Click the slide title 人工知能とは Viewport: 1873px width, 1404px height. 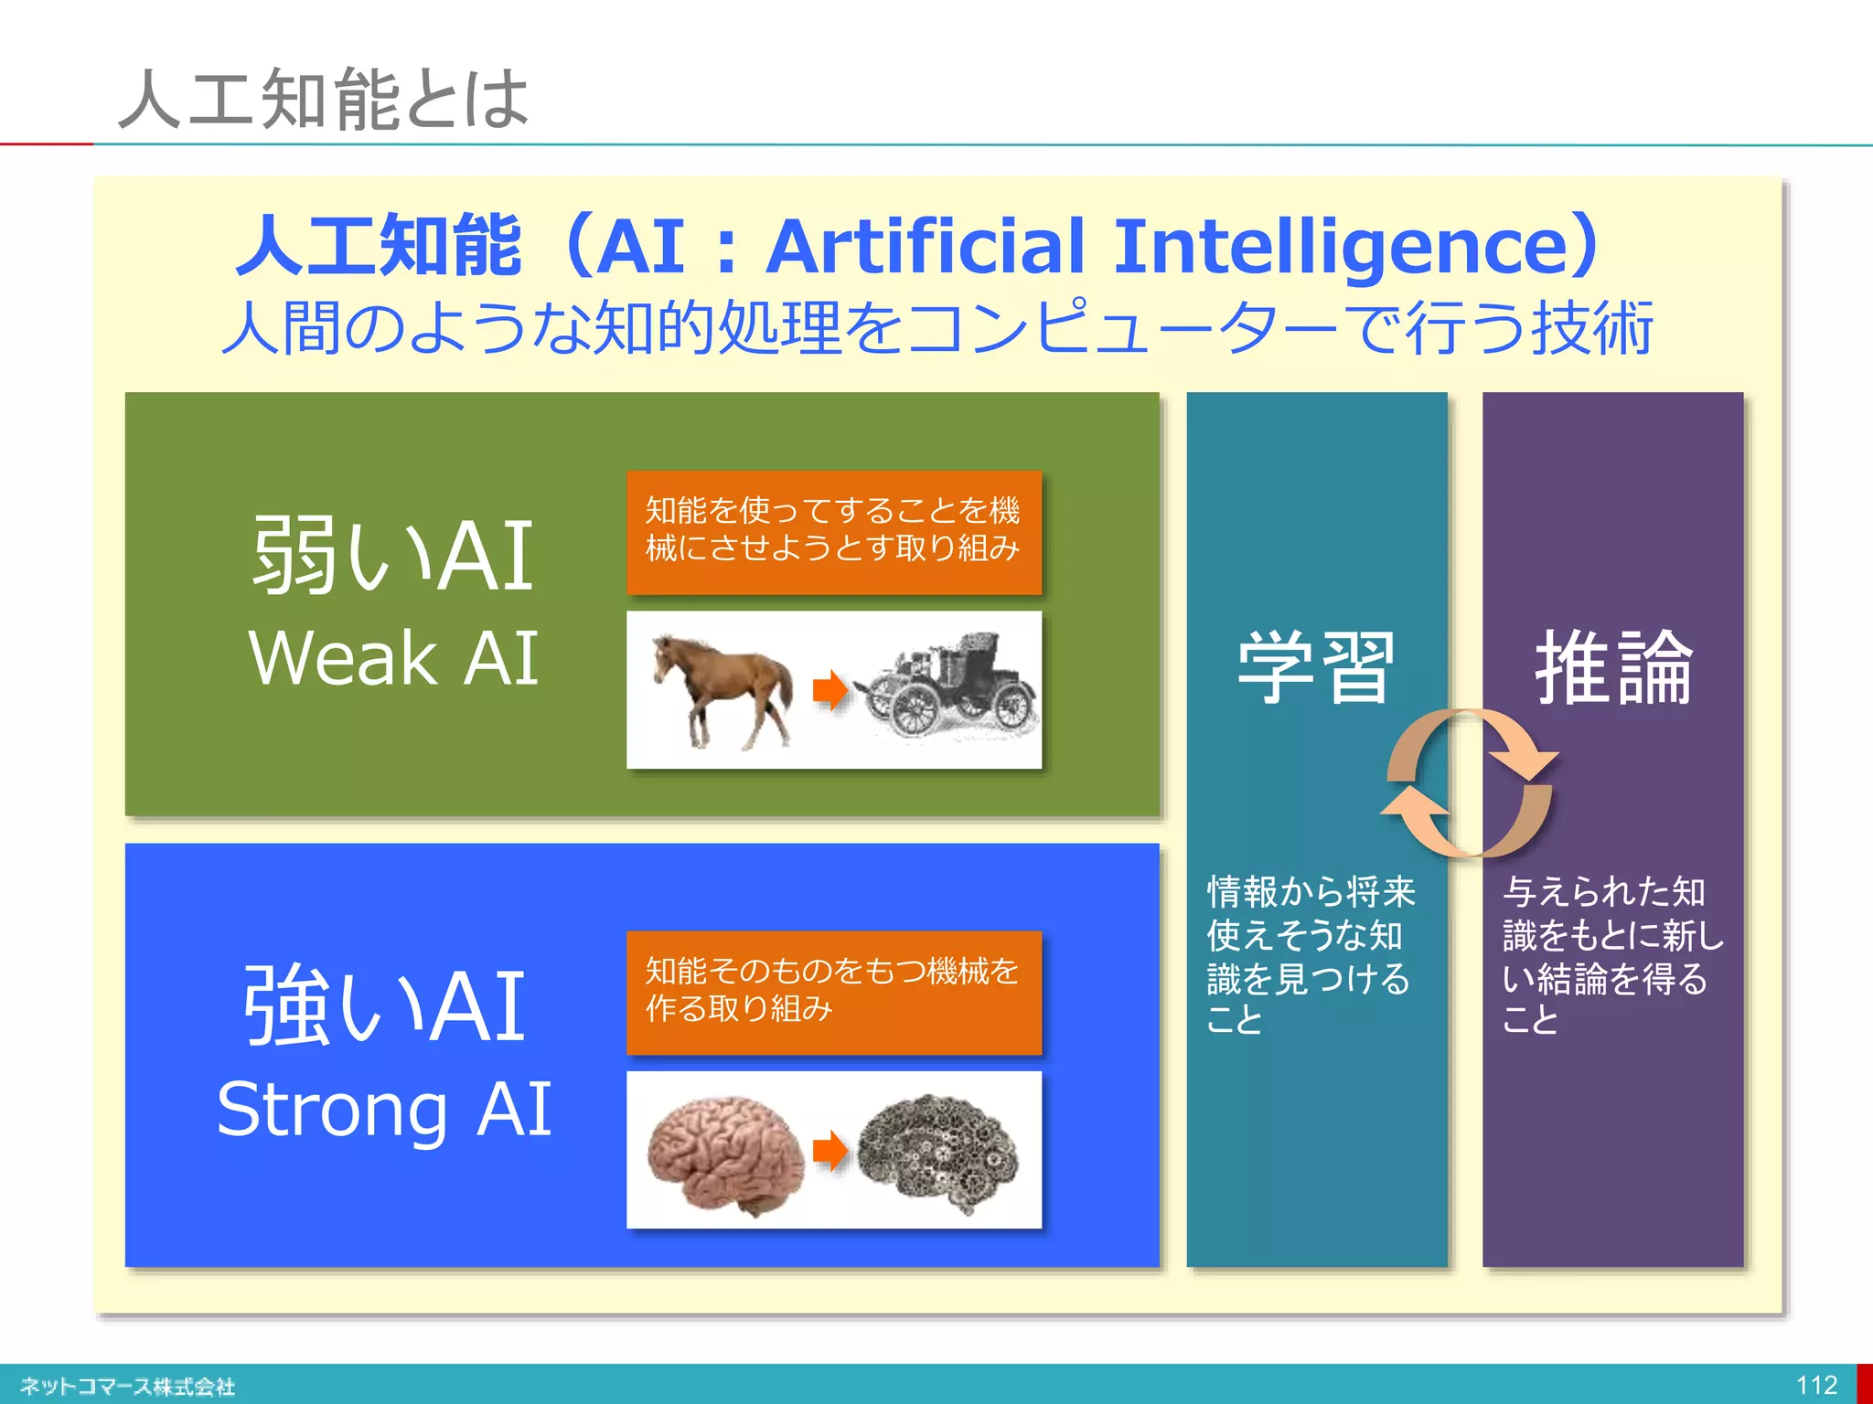[324, 99]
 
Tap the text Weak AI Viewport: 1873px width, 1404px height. [393, 657]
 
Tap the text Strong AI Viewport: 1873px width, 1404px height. [384, 1109]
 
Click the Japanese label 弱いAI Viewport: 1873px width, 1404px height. [393, 554]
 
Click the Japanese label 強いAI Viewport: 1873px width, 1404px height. [384, 1005]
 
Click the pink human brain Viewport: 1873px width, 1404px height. [724, 1154]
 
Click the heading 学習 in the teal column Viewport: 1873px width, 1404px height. [1315, 667]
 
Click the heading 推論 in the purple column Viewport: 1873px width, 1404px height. [1613, 667]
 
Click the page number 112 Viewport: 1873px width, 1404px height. [1816, 1385]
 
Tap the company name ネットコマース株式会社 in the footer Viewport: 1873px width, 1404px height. [128, 1387]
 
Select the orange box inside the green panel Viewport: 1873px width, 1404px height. [833, 531]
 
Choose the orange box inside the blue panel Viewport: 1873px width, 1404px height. [833, 991]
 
